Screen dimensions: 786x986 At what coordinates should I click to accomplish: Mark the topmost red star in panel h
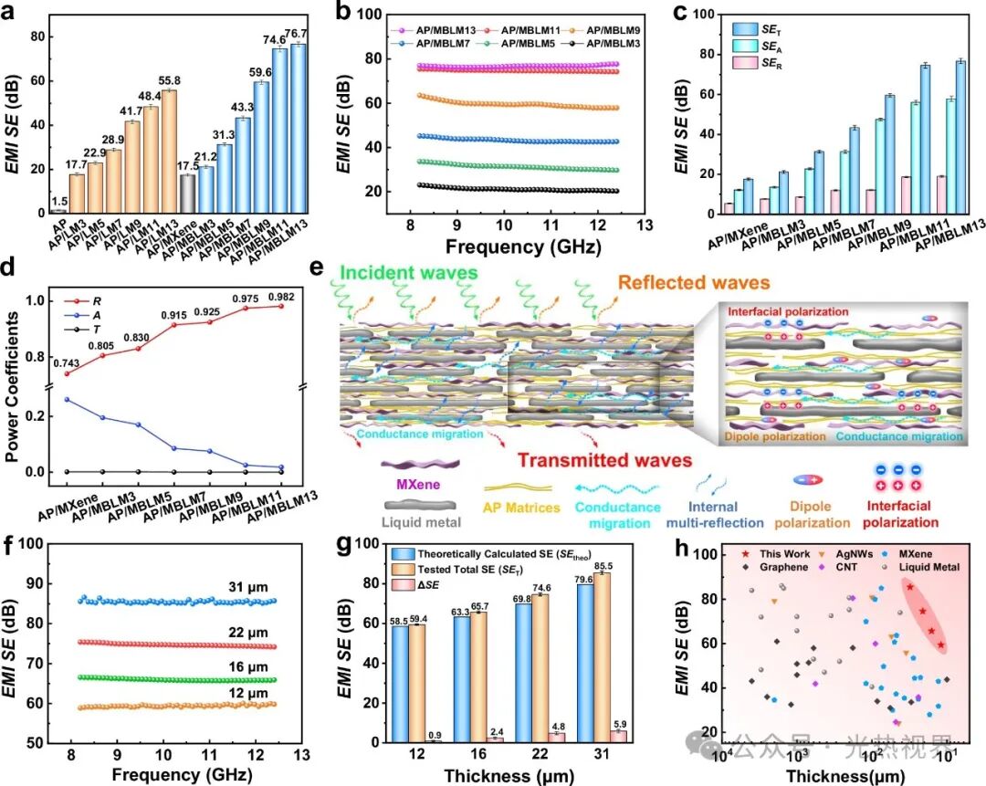pyautogui.click(x=909, y=587)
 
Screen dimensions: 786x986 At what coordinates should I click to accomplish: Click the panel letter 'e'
pyautogui.click(x=317, y=268)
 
